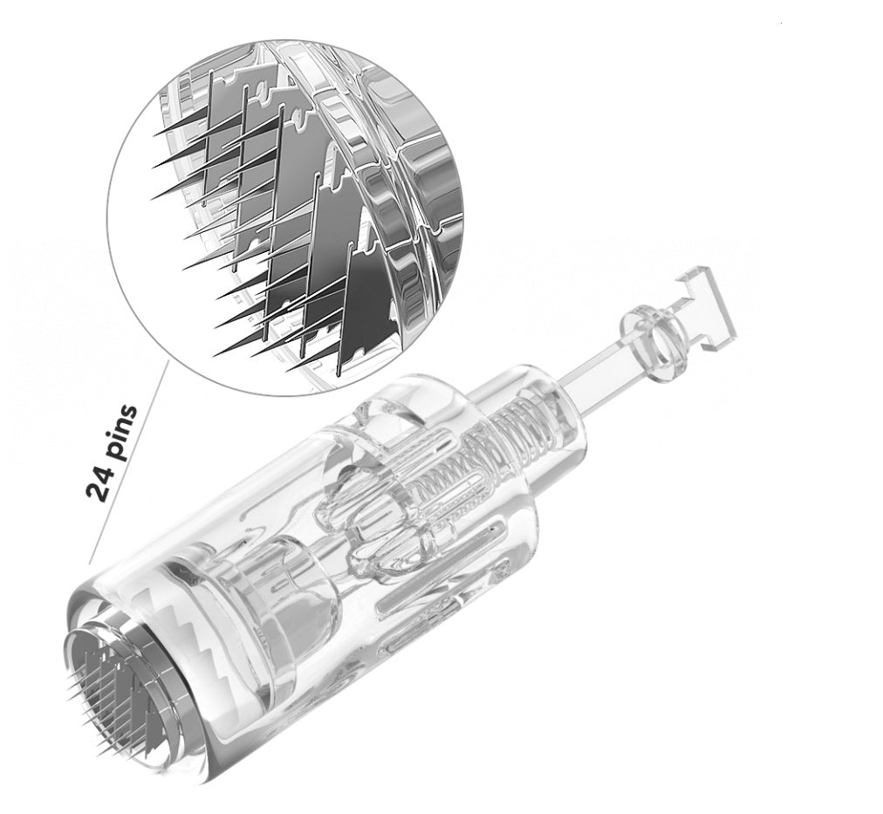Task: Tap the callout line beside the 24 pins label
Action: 128,462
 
